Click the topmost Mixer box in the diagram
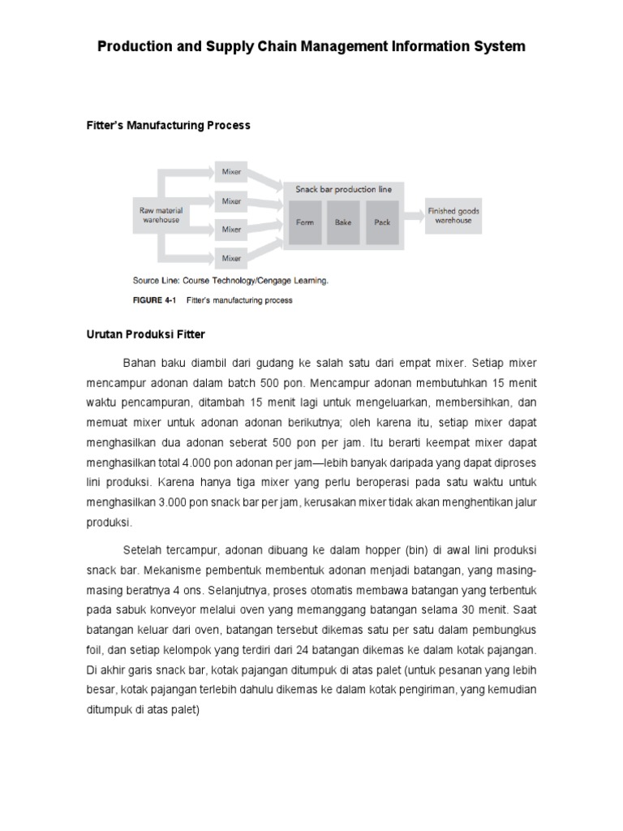click(x=231, y=171)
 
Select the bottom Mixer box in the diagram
click(x=231, y=258)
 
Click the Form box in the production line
click(x=305, y=222)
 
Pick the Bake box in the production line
click(x=343, y=222)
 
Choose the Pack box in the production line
click(x=382, y=222)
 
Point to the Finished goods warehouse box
click(x=453, y=215)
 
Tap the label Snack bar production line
click(x=344, y=189)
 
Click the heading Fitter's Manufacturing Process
click(x=168, y=126)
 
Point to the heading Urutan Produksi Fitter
click(x=146, y=334)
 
